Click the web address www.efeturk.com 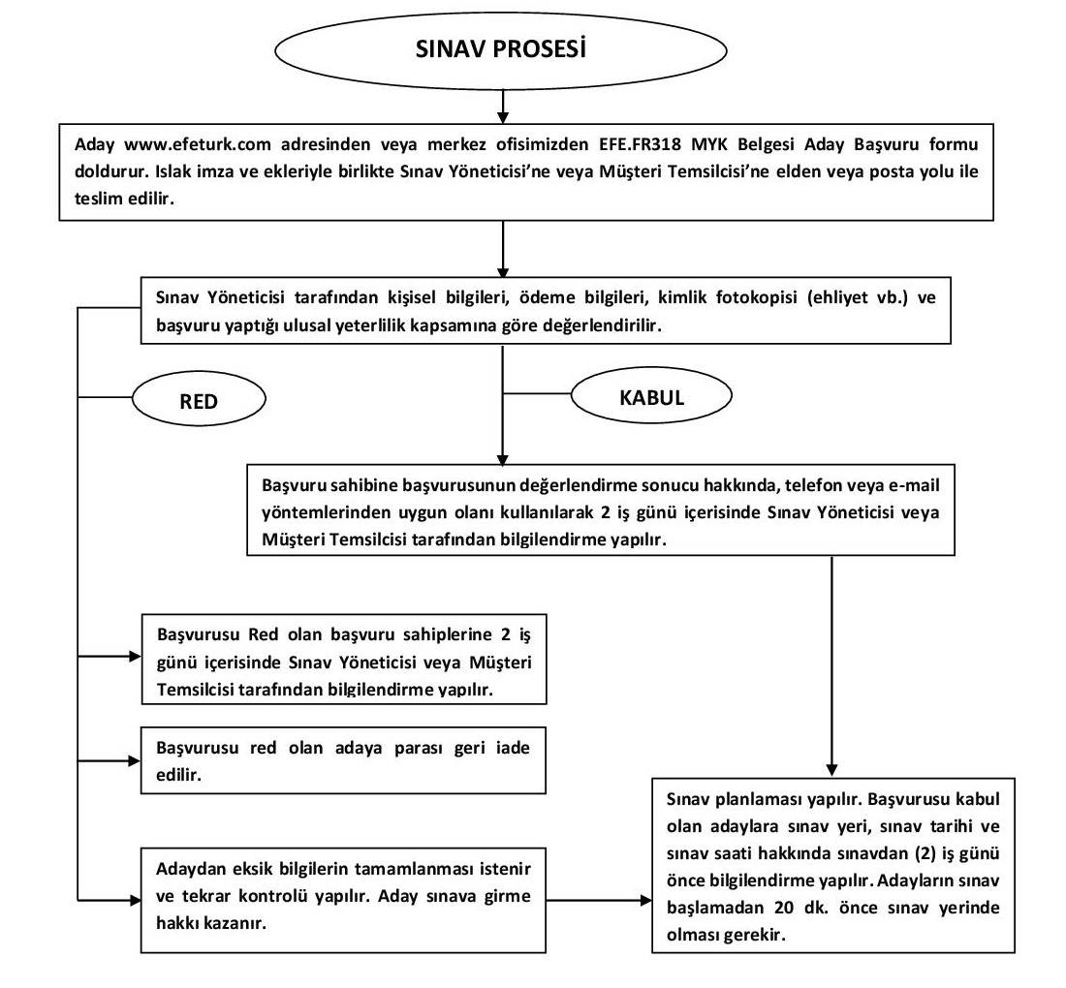point(197,144)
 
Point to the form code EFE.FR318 point(640,144)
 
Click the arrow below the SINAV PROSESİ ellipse point(502,107)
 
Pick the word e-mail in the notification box point(914,485)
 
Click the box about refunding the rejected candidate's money point(343,760)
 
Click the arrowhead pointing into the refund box point(134,761)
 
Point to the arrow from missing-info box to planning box point(599,901)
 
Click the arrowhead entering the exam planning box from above point(831,770)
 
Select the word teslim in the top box point(96,199)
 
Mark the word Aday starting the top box point(94,144)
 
